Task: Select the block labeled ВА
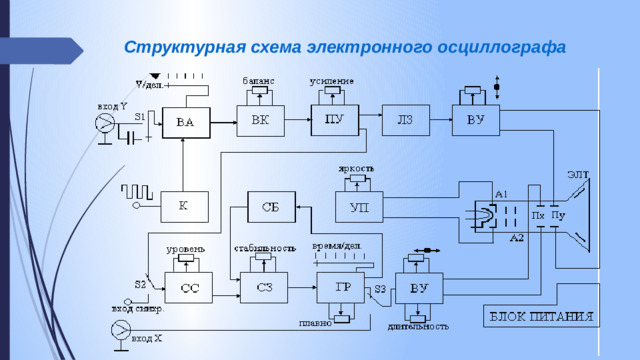(185, 122)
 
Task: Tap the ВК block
(260, 120)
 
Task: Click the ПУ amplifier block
(334, 120)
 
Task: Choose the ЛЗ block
(405, 120)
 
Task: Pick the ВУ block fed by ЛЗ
(476, 120)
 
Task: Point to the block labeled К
(183, 205)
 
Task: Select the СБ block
(271, 207)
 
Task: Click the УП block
(359, 208)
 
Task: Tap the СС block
(189, 288)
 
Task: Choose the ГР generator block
(342, 286)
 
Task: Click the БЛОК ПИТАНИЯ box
(541, 317)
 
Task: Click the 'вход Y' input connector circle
(104, 123)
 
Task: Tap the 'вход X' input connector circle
(120, 328)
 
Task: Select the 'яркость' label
(357, 169)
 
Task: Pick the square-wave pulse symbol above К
(137, 189)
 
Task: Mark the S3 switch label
(381, 291)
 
